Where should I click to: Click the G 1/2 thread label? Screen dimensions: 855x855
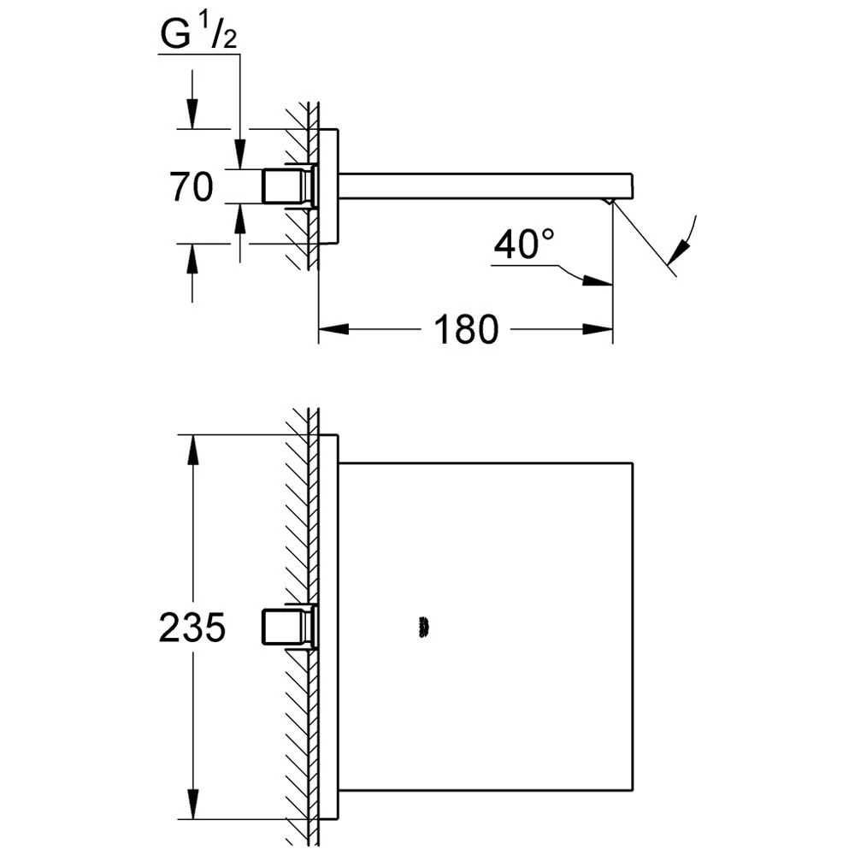[x=199, y=34]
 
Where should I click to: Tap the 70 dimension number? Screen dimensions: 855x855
[x=191, y=186]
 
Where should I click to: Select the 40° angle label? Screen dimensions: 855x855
[x=524, y=244]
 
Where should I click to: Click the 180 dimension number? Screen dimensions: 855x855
[x=466, y=329]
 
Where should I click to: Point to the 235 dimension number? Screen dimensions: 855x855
[x=192, y=627]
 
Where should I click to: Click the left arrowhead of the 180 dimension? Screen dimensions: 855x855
[x=333, y=329]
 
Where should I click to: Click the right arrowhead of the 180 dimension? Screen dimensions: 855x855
[x=598, y=329]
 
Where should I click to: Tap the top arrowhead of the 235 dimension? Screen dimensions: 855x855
[x=192, y=450]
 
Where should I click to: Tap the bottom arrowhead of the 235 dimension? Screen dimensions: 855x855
[x=192, y=804]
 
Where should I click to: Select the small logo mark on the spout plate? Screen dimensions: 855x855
[x=422, y=627]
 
